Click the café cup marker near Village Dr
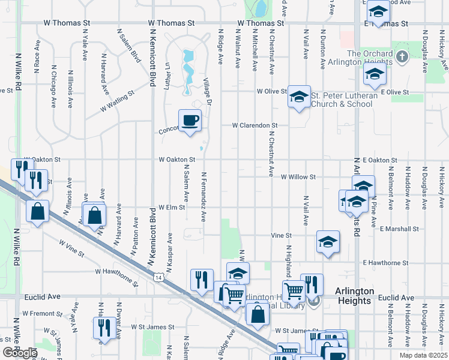190,120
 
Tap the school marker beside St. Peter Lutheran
298,96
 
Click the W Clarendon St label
255,126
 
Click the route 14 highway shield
158,278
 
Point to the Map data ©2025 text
420,355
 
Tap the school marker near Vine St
327,242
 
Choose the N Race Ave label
37,56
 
